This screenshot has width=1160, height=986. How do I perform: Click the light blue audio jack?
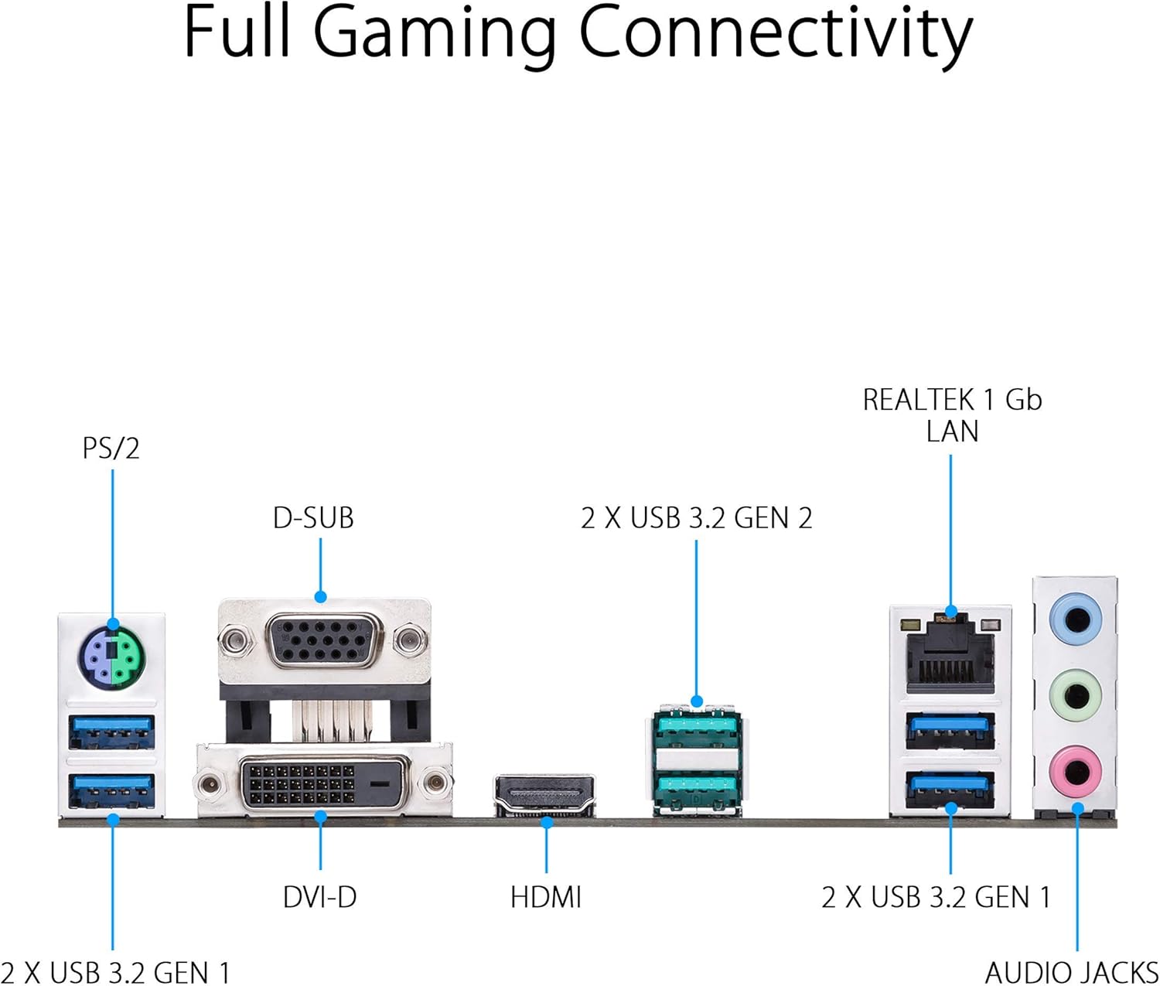[x=1075, y=619]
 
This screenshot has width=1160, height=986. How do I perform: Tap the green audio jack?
[x=1075, y=694]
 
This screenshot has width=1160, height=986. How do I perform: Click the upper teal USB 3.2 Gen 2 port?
[x=697, y=728]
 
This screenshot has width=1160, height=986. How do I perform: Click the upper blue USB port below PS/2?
[x=112, y=732]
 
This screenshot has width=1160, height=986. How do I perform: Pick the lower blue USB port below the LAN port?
[x=950, y=788]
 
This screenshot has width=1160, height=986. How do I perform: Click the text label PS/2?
[x=111, y=449]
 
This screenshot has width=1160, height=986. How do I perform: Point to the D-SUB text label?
[x=313, y=518]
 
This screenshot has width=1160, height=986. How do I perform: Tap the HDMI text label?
[x=546, y=898]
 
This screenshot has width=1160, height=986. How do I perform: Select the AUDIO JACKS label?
[x=1071, y=972]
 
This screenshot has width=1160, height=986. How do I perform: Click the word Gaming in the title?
[x=435, y=35]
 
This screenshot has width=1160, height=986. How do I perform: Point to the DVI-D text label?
[x=319, y=898]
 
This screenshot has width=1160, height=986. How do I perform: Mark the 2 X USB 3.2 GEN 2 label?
[x=696, y=518]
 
